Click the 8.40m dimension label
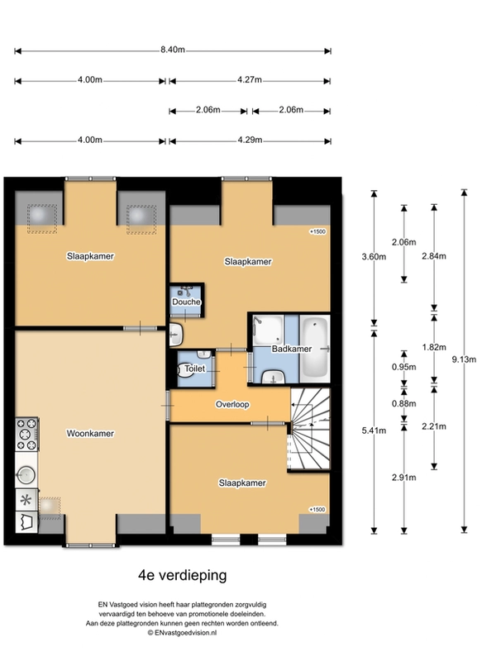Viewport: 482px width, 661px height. click(173, 50)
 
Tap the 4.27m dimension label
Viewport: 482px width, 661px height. click(249, 79)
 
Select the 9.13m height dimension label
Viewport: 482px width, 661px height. click(464, 359)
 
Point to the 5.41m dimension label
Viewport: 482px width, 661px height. click(374, 430)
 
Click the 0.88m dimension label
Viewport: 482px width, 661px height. click(404, 403)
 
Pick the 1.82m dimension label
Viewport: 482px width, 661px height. click(434, 347)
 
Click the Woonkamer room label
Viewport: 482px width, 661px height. click(90, 433)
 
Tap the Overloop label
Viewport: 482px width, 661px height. click(232, 404)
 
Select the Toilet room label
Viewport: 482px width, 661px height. click(195, 369)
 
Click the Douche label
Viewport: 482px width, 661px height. click(186, 302)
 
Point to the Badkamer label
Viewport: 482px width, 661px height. click(292, 349)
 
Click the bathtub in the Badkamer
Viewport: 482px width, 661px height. click(315, 349)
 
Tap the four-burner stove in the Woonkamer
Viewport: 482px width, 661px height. click(26, 435)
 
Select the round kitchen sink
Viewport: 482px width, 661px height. click(26, 474)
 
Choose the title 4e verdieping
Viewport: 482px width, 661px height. click(182, 575)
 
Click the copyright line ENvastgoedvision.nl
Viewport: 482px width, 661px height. click(182, 633)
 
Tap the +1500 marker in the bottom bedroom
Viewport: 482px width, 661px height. click(317, 509)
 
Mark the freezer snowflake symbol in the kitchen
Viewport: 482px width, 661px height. click(26, 501)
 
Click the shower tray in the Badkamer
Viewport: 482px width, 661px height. click(268, 330)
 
